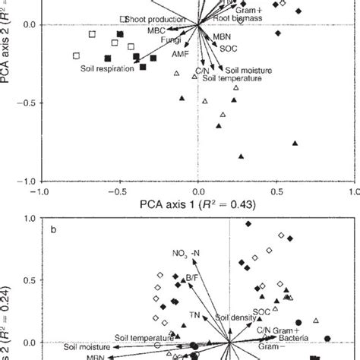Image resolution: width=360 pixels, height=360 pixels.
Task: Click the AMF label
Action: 180,55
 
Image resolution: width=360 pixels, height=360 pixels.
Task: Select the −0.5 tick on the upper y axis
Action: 24,103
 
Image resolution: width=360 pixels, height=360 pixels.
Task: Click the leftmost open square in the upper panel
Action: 76,55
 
